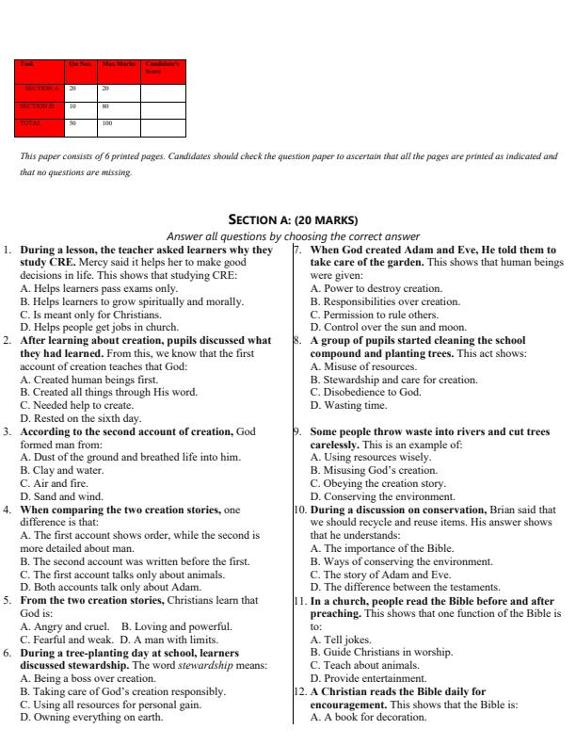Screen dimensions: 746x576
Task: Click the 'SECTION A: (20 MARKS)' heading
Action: tap(287, 219)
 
